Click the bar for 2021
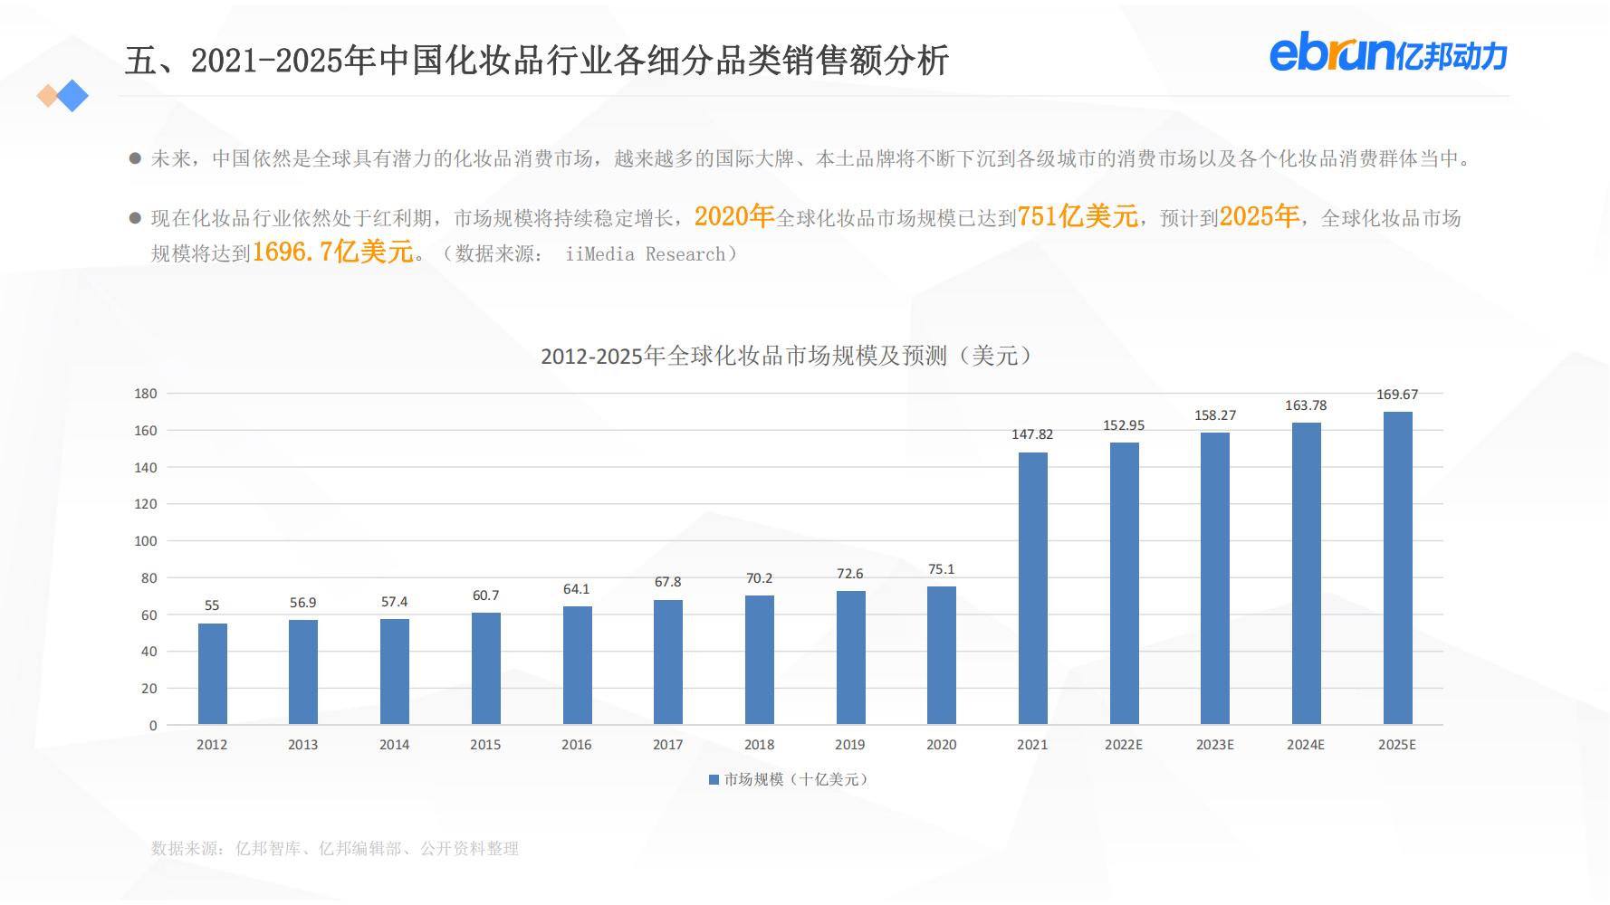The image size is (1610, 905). (1032, 588)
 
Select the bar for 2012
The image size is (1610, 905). (212, 674)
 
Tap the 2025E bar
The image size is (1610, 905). (1397, 568)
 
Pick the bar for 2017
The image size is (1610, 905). (668, 662)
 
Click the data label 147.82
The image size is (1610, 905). (1032, 434)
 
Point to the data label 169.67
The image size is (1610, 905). (1397, 395)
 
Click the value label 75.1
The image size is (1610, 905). (941, 569)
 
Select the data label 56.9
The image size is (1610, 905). (303, 603)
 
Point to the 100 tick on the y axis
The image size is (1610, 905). (146, 541)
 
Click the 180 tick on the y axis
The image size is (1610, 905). (146, 394)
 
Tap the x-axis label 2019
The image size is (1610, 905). (849, 745)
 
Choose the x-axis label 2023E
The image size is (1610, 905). (1214, 745)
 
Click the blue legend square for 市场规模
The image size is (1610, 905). (714, 779)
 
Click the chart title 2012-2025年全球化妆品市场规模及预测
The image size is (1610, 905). (786, 356)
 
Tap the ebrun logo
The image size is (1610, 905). (1387, 54)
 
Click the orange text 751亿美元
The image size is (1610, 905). (1078, 216)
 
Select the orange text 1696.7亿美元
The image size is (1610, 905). (332, 252)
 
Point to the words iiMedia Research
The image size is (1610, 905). (645, 254)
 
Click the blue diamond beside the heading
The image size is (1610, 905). (72, 96)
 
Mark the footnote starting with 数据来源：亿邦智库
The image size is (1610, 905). (335, 849)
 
